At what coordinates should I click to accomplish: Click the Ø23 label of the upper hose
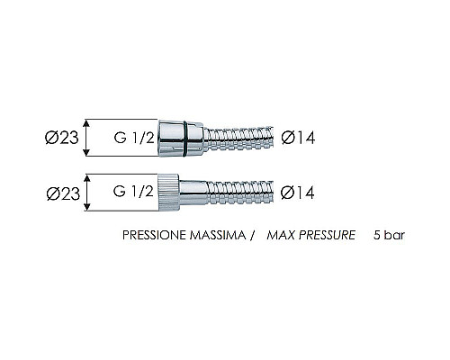tap(62, 138)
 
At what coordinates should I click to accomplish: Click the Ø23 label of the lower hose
tap(63, 193)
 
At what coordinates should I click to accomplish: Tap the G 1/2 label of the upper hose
tap(134, 138)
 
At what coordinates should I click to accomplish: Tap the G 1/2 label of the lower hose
tap(133, 192)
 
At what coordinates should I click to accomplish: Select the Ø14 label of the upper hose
tap(298, 138)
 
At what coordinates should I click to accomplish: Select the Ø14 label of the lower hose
tap(297, 193)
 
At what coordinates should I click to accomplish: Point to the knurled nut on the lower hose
tap(168, 193)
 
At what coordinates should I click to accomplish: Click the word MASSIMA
tap(218, 235)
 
